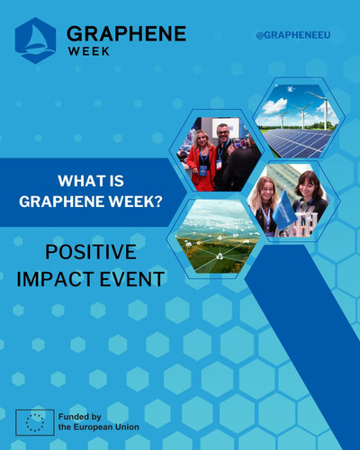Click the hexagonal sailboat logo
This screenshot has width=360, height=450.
[35, 40]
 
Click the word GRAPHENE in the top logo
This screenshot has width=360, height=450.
[126, 33]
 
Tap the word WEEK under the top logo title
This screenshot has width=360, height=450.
[89, 51]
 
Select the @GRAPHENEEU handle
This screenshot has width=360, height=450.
[293, 35]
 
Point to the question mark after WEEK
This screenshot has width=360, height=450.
[158, 202]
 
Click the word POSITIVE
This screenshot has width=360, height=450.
[91, 252]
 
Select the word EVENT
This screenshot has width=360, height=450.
[132, 279]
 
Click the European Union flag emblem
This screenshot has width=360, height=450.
[35, 422]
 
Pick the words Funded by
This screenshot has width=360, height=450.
[80, 417]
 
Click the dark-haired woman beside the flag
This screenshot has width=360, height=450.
[309, 201]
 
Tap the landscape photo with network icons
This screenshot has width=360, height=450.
[218, 236]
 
